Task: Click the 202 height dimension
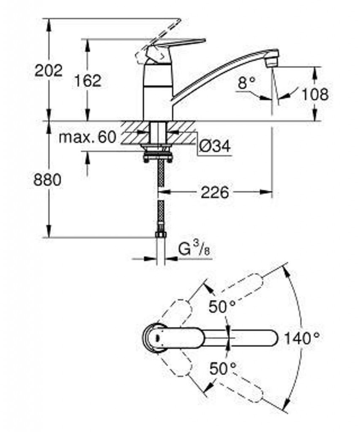pos(49,71)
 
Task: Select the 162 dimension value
pos(88,81)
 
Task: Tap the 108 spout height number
pos(315,94)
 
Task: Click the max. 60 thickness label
pos(87,137)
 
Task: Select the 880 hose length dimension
pos(47,180)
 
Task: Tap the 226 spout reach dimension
pos(215,192)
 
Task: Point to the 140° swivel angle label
pos(302,338)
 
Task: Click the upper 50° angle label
pos(222,307)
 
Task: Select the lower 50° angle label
pos(223,369)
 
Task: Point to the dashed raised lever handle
pos(158,38)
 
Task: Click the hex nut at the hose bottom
pos(160,235)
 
